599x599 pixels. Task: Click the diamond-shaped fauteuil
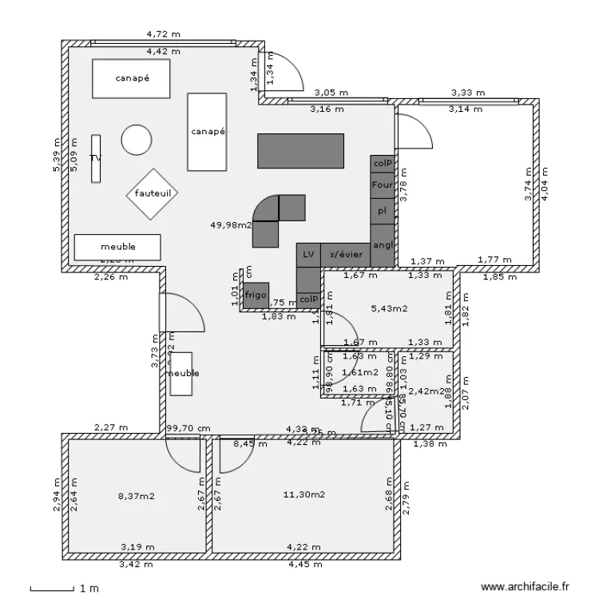pos(153,193)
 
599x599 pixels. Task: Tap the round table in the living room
pos(137,141)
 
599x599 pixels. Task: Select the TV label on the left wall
pos(95,158)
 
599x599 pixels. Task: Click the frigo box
pos(256,295)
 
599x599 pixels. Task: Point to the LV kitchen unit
pos(308,254)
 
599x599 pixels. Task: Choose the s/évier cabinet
pos(346,254)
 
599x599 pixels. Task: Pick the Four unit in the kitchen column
pos(383,184)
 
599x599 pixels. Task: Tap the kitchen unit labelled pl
pos(383,211)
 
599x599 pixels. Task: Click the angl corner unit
pos(383,244)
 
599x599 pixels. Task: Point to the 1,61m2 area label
pos(359,372)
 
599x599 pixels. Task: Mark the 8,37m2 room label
pos(137,496)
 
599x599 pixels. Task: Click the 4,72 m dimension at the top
pos(163,34)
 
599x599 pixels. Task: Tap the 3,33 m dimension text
pos(466,93)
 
